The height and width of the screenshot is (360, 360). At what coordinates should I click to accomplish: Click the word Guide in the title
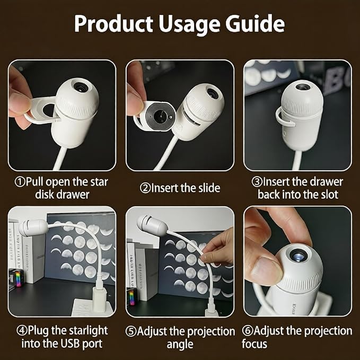pos(255,24)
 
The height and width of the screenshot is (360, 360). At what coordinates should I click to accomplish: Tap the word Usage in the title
pos(189,25)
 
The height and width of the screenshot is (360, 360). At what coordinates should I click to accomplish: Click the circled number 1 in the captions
pos(20,182)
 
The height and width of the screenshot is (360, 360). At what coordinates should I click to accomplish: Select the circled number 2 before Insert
pos(145,188)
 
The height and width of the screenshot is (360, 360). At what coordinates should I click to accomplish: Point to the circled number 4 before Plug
pos(22,330)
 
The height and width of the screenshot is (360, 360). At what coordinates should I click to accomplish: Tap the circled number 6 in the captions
pos(248,331)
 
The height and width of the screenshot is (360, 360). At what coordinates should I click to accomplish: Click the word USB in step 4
pos(71,344)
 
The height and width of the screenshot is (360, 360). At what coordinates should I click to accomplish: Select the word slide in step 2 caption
pos(209,188)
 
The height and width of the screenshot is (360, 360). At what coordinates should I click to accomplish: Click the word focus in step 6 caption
pos(254,344)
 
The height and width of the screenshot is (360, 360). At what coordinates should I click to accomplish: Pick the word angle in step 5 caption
pos(180,345)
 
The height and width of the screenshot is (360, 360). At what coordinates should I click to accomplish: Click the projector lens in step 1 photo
pos(81,87)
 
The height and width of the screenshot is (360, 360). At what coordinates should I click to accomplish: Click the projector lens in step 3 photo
pos(303,86)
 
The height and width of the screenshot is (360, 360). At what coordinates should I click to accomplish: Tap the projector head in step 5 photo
pos(151,225)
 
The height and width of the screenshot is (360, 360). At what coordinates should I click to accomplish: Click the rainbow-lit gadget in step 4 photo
pos(16,278)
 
